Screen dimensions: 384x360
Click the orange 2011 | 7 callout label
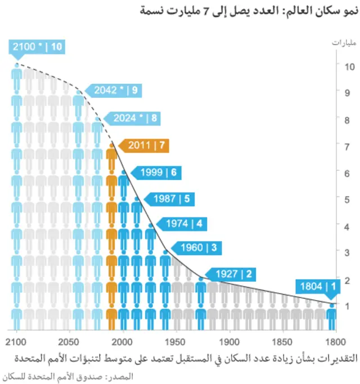tap(145, 145)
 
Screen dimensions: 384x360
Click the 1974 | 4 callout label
tap(184, 224)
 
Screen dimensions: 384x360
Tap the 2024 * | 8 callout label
tap(133, 118)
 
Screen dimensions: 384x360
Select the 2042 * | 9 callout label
tap(114, 90)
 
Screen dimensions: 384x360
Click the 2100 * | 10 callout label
tap(37, 47)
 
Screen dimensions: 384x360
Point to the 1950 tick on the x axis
tap(175, 341)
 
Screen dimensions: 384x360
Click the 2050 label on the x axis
tap(69, 341)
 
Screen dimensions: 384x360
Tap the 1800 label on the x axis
tap(336, 341)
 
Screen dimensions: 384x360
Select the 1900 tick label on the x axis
tap(229, 341)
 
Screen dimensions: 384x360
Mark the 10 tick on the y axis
tap(349, 66)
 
